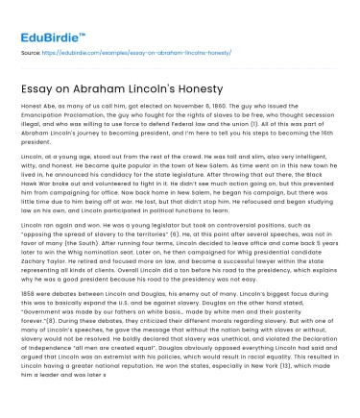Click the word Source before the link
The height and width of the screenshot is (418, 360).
click(x=30, y=56)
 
